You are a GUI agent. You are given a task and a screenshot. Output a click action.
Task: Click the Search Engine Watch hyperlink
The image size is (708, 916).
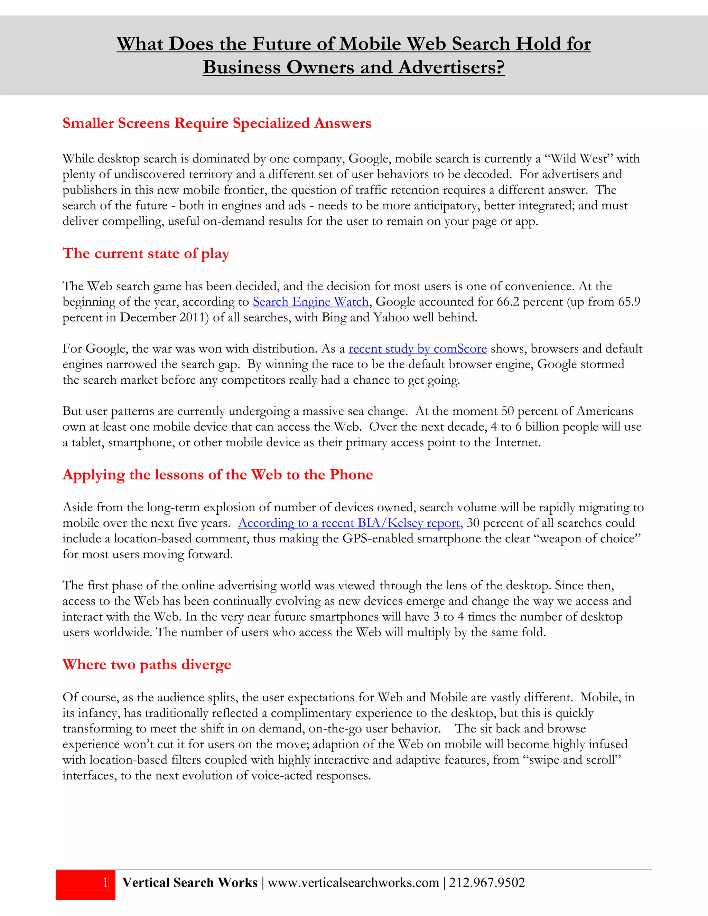click(310, 302)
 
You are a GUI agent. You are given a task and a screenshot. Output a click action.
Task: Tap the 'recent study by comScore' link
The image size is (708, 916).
click(417, 349)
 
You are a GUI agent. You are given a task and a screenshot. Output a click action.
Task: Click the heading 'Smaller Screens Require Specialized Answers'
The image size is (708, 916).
click(217, 123)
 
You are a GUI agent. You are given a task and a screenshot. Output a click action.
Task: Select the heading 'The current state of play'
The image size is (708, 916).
click(146, 254)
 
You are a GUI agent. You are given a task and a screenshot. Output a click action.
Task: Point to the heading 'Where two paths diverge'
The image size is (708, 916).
click(147, 665)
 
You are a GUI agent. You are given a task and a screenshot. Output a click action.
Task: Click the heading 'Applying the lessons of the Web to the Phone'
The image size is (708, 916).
click(218, 475)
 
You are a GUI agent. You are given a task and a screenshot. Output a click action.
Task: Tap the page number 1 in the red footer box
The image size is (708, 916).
click(105, 883)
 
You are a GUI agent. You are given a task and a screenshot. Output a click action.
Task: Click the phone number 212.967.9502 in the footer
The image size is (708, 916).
click(487, 883)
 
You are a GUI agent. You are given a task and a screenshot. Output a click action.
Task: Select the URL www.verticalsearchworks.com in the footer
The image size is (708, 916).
click(353, 883)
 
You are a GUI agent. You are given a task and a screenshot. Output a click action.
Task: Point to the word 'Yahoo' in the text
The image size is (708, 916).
click(391, 318)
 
